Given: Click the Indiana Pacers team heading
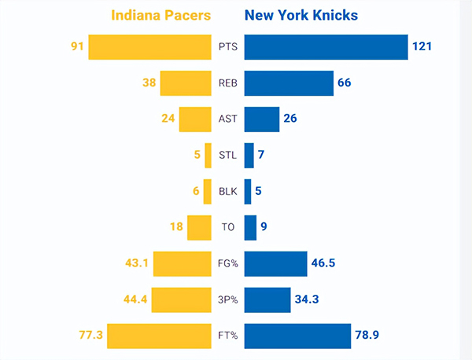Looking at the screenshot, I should tap(161, 16).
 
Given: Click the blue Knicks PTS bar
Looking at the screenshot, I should tap(326, 47).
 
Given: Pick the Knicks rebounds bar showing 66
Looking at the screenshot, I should tap(289, 83).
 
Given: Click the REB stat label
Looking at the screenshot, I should tap(227, 83).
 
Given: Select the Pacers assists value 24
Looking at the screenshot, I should tap(166, 119).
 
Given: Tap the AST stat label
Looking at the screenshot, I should tap(227, 119).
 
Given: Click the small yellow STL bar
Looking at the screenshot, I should tap(208, 155).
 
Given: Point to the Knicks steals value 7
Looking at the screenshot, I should tap(260, 155).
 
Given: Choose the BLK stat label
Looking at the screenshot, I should tap(227, 191).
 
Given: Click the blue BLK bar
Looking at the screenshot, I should tap(248, 191).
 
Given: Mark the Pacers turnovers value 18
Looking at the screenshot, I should tap(175, 227).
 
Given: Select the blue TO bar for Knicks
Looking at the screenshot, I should tap(250, 227).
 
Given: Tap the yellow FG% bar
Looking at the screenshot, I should tap(182, 263).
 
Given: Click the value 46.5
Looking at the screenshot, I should tap(323, 263).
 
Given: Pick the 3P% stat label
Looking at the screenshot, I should tap(227, 299).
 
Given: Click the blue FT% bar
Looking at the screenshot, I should tap(297, 336).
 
